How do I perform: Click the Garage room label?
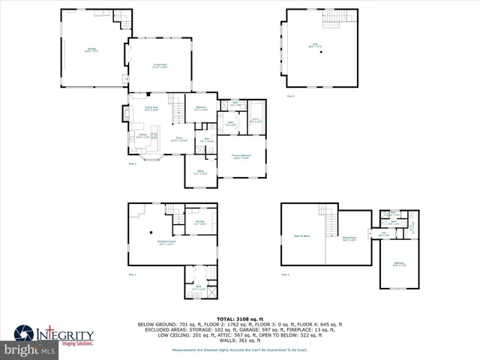(91, 49)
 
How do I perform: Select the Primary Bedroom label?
(241, 157)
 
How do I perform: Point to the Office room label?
(200, 172)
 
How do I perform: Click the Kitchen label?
(142, 136)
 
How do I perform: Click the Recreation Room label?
(166, 243)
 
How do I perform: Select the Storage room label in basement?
(200, 222)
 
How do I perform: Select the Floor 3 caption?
(291, 96)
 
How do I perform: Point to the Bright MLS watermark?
(28, 350)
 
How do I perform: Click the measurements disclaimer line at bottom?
(239, 350)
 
